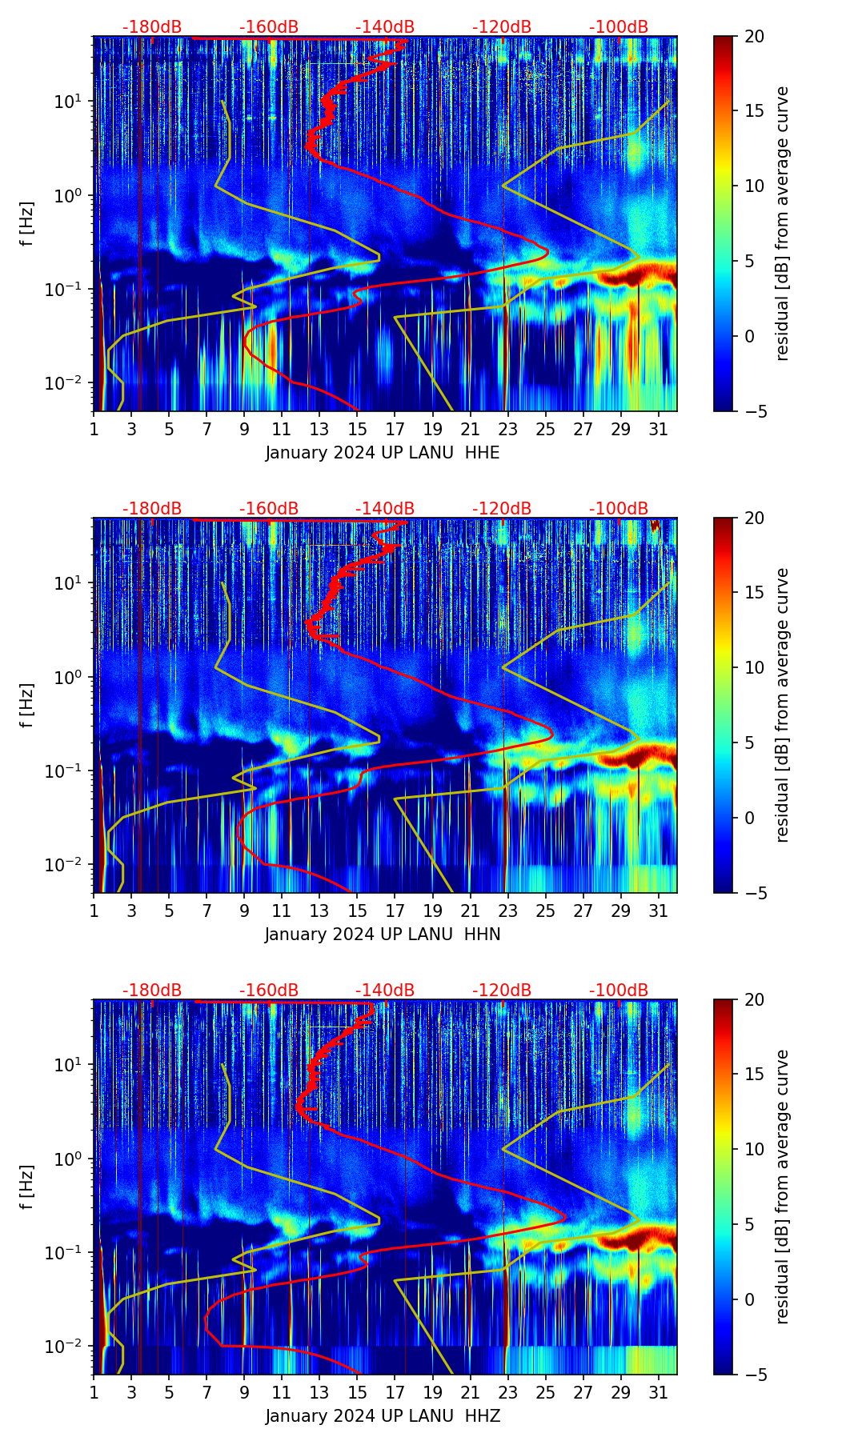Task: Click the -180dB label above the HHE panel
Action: click(x=152, y=27)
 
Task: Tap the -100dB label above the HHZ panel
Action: click(x=619, y=991)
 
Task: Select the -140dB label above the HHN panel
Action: click(x=385, y=509)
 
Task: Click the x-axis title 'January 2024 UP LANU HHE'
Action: click(x=383, y=453)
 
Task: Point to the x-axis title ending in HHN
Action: click(x=383, y=935)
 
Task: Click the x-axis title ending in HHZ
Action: click(x=383, y=1416)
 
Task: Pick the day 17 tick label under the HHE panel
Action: click(x=395, y=429)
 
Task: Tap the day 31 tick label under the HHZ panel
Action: click(x=658, y=1392)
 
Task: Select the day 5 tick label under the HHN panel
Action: click(x=169, y=911)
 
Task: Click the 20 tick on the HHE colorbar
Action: click(x=754, y=36)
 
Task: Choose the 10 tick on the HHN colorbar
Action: click(x=754, y=667)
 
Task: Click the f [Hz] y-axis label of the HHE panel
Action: click(x=27, y=224)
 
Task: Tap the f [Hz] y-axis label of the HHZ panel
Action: click(x=27, y=1187)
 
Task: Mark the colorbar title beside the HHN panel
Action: click(x=783, y=705)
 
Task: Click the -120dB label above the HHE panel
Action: click(x=502, y=27)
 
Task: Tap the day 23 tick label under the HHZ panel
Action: click(x=507, y=1392)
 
